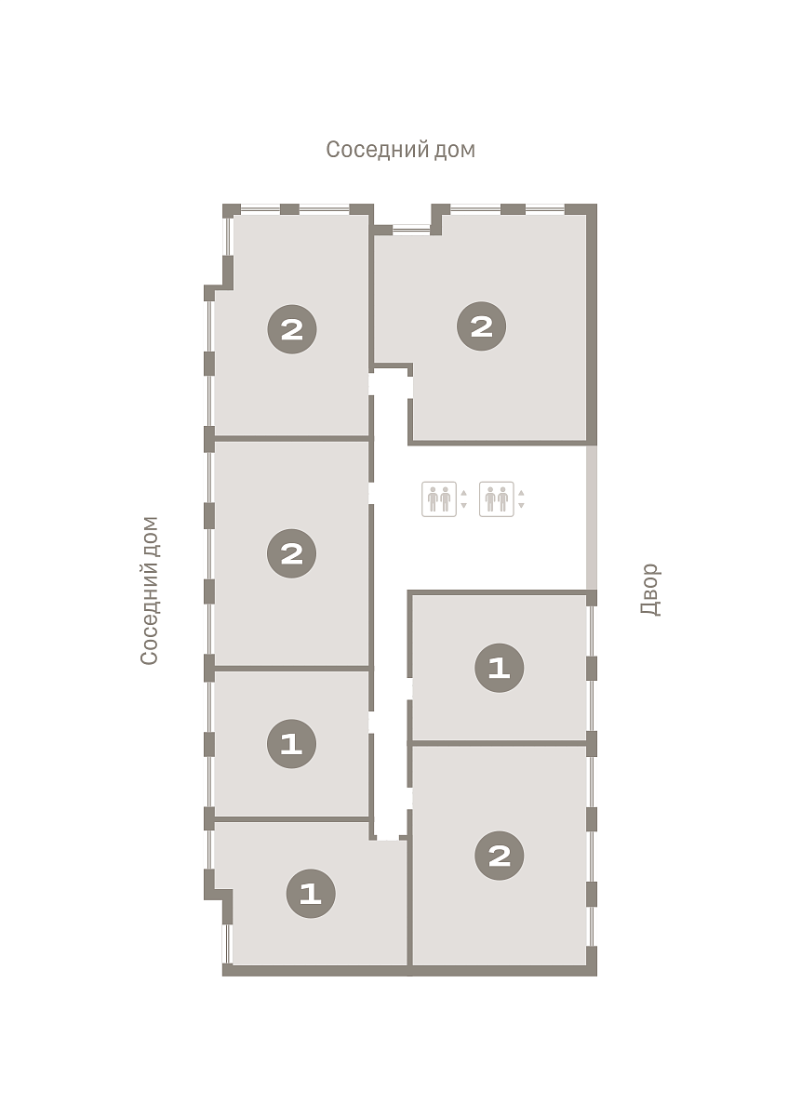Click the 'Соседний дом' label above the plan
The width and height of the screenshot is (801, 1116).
pyautogui.click(x=400, y=150)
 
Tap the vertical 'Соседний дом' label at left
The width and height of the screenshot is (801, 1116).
pyautogui.click(x=149, y=591)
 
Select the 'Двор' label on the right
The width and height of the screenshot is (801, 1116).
pyautogui.click(x=650, y=590)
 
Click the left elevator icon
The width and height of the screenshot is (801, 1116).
pyautogui.click(x=438, y=498)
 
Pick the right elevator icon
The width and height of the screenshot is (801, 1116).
pyautogui.click(x=497, y=498)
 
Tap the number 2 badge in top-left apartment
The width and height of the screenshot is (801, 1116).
pyautogui.click(x=292, y=329)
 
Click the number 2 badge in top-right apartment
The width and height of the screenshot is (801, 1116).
pyautogui.click(x=482, y=325)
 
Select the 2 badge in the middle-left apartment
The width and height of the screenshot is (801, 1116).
pyautogui.click(x=291, y=553)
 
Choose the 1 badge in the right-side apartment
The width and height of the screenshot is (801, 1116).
pyautogui.click(x=499, y=668)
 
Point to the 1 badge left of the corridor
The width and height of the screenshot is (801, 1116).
pyautogui.click(x=291, y=744)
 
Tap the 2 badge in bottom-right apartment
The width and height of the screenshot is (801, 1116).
pyautogui.click(x=499, y=856)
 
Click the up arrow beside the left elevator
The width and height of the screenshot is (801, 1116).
pyautogui.click(x=463, y=493)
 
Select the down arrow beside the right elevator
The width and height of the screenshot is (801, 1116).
pyautogui.click(x=521, y=505)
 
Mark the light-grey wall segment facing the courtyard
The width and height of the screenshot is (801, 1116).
pyautogui.click(x=591, y=518)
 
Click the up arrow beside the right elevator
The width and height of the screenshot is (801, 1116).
pyautogui.click(x=521, y=493)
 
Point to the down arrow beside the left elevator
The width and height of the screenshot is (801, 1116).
pyautogui.click(x=463, y=505)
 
